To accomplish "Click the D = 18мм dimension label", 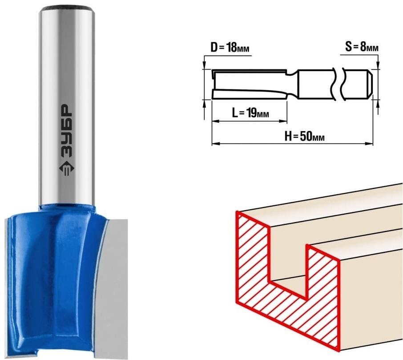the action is [x=230, y=48].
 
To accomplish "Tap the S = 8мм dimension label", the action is [x=362, y=47].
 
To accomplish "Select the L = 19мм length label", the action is [x=250, y=113].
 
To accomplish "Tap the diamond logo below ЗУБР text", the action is [x=67, y=169].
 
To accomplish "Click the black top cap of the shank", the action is [x=67, y=10].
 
